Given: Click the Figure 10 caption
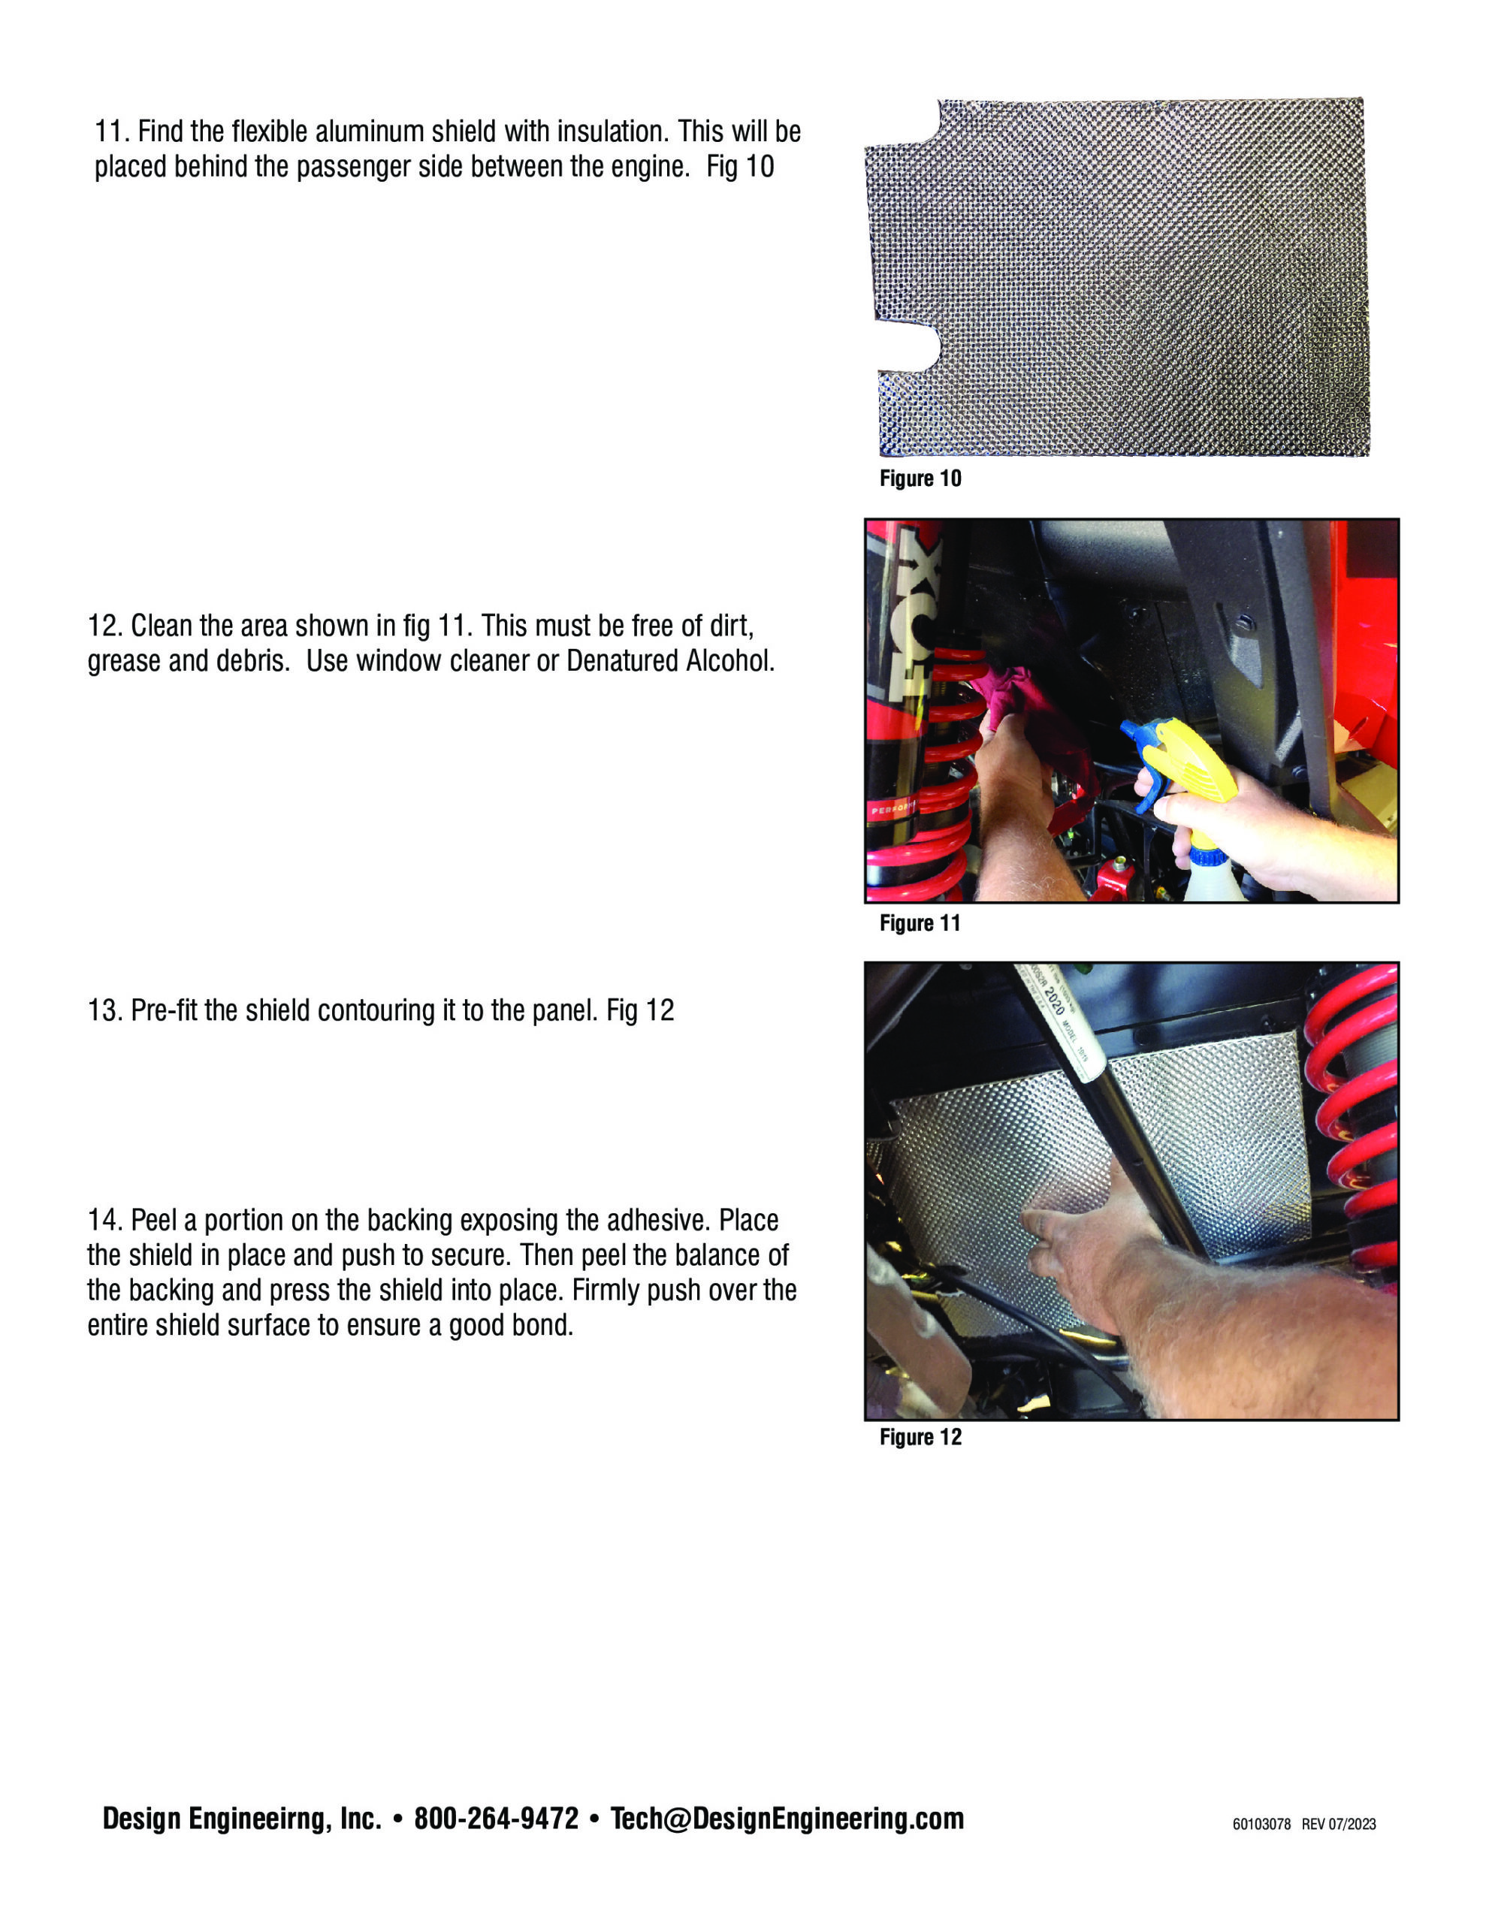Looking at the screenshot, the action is [x=920, y=479].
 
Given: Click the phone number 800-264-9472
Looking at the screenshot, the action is [x=496, y=1819].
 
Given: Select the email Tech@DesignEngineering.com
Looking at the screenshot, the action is [x=787, y=1819].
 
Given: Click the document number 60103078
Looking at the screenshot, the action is [x=1261, y=1825].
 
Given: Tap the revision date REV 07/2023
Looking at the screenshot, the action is [x=1338, y=1825].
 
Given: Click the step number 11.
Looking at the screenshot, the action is [x=112, y=132].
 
